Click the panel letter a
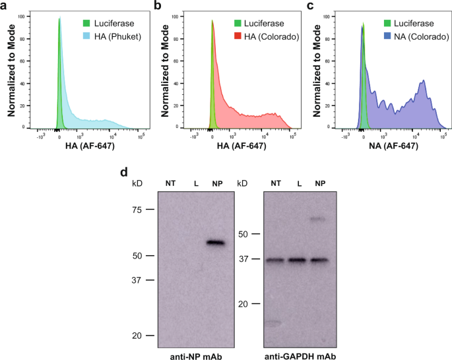tap(5, 6)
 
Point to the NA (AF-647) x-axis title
tap(391, 146)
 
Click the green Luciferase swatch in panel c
tap(381, 23)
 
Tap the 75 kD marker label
tap(137, 210)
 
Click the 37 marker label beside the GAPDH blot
tap(243, 259)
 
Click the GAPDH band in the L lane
tap(298, 260)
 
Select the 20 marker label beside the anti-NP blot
tap(137, 336)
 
